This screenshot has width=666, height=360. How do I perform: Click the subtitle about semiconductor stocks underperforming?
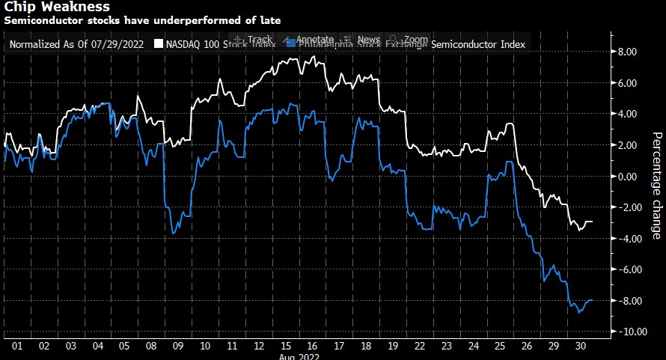tap(142, 20)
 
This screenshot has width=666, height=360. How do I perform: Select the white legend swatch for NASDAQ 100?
tap(158, 45)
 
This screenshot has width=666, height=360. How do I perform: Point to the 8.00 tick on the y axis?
tap(626, 52)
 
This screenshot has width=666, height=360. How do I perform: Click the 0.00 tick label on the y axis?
tap(626, 176)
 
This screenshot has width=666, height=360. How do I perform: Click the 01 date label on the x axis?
tap(16, 347)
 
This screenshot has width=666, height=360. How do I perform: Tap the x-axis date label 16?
tap(312, 347)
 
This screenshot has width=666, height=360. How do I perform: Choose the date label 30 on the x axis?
tap(578, 347)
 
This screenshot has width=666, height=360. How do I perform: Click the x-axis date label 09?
tap(177, 347)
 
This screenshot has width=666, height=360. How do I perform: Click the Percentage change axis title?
tap(656, 186)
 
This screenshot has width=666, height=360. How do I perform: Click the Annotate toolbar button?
tap(309, 39)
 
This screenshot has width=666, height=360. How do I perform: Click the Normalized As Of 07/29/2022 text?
tap(77, 45)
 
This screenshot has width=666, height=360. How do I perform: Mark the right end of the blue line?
tap(593, 300)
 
